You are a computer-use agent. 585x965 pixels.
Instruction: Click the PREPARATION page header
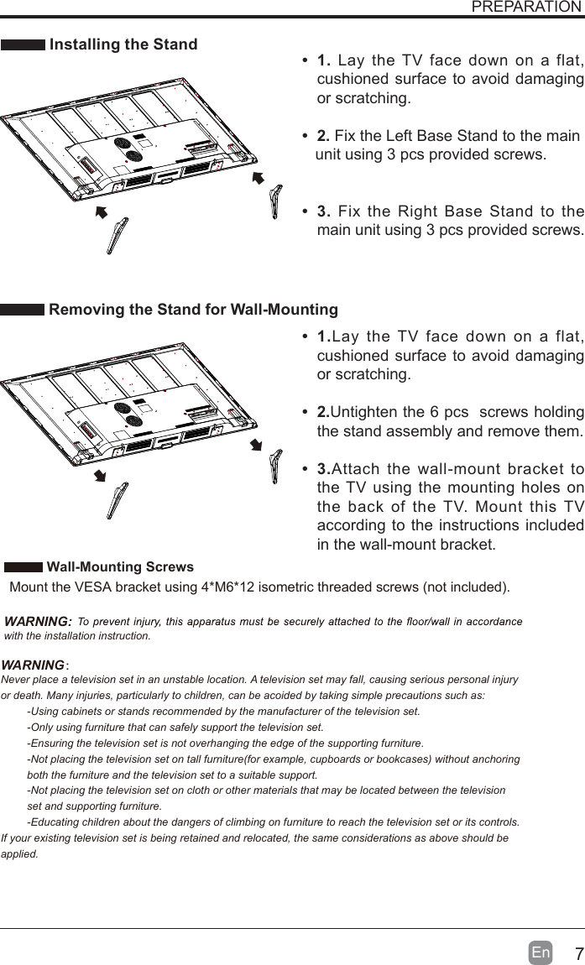(x=526, y=8)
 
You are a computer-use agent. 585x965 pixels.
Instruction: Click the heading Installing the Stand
(x=124, y=44)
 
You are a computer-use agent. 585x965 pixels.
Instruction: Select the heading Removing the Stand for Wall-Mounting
(x=194, y=310)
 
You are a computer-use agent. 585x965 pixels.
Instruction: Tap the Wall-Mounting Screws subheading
(x=120, y=567)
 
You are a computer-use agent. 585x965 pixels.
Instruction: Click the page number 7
(x=578, y=955)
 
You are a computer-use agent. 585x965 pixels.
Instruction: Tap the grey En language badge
(x=541, y=953)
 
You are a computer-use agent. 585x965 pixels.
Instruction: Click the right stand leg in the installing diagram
(x=274, y=202)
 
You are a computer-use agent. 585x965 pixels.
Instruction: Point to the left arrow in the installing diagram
(x=102, y=212)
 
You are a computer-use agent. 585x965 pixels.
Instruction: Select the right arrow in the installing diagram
(x=258, y=180)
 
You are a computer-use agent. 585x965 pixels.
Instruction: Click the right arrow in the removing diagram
(x=257, y=445)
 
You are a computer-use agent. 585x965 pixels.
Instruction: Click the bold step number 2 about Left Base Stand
(x=323, y=137)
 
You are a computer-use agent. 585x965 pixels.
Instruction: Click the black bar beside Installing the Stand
(x=24, y=45)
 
